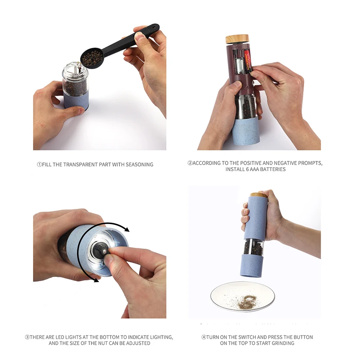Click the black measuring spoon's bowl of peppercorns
[x=92, y=58]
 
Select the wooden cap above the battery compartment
[x=237, y=39]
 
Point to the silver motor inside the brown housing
[x=239, y=65]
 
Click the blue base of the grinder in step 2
[x=246, y=131]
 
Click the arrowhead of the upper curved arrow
[x=127, y=229]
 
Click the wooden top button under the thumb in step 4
[x=258, y=195]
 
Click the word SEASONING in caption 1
[x=139, y=165]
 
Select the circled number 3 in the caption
[x=28, y=337]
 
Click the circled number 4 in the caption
[x=204, y=337]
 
